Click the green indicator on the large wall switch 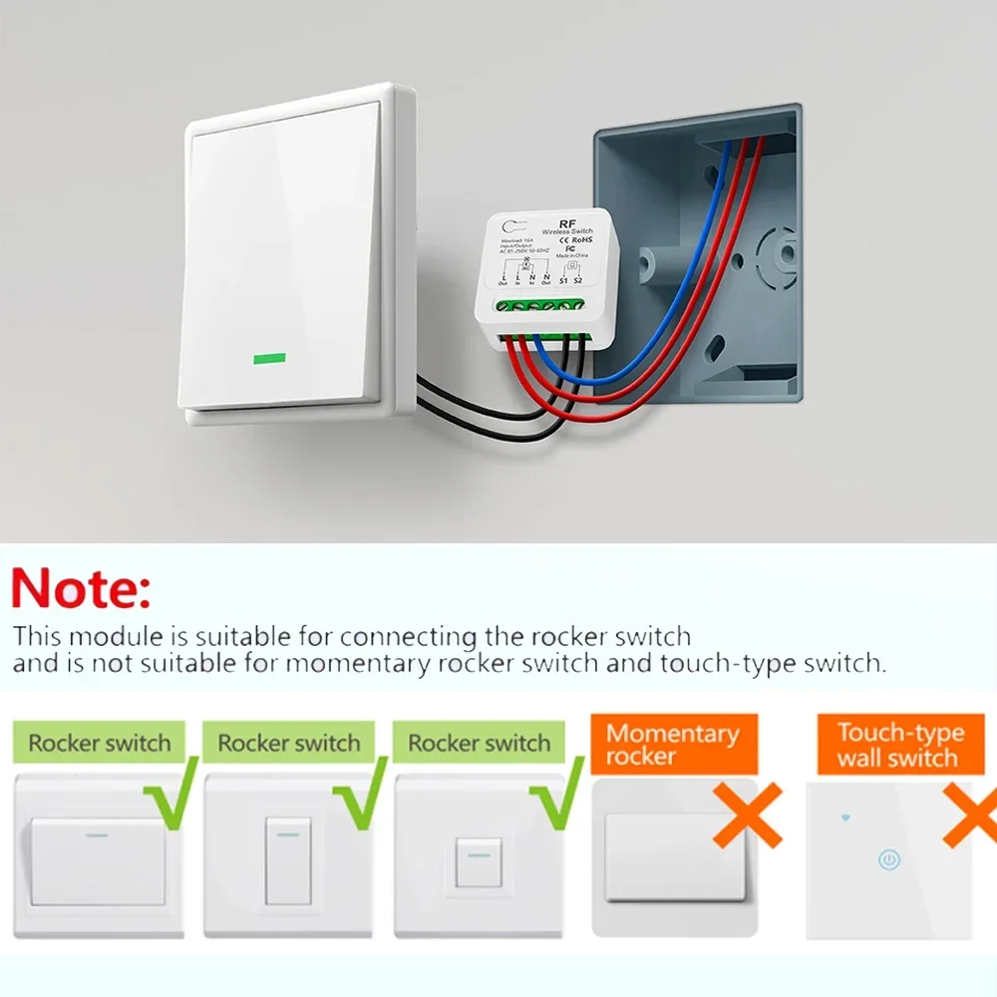point(269,357)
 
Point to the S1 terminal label point(562,281)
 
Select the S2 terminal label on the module point(577,281)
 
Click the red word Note point(82,588)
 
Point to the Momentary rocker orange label point(673,745)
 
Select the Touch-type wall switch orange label point(899,745)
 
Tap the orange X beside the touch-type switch point(969,816)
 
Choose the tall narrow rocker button point(288,862)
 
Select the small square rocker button point(478,862)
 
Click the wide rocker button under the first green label point(98,862)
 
